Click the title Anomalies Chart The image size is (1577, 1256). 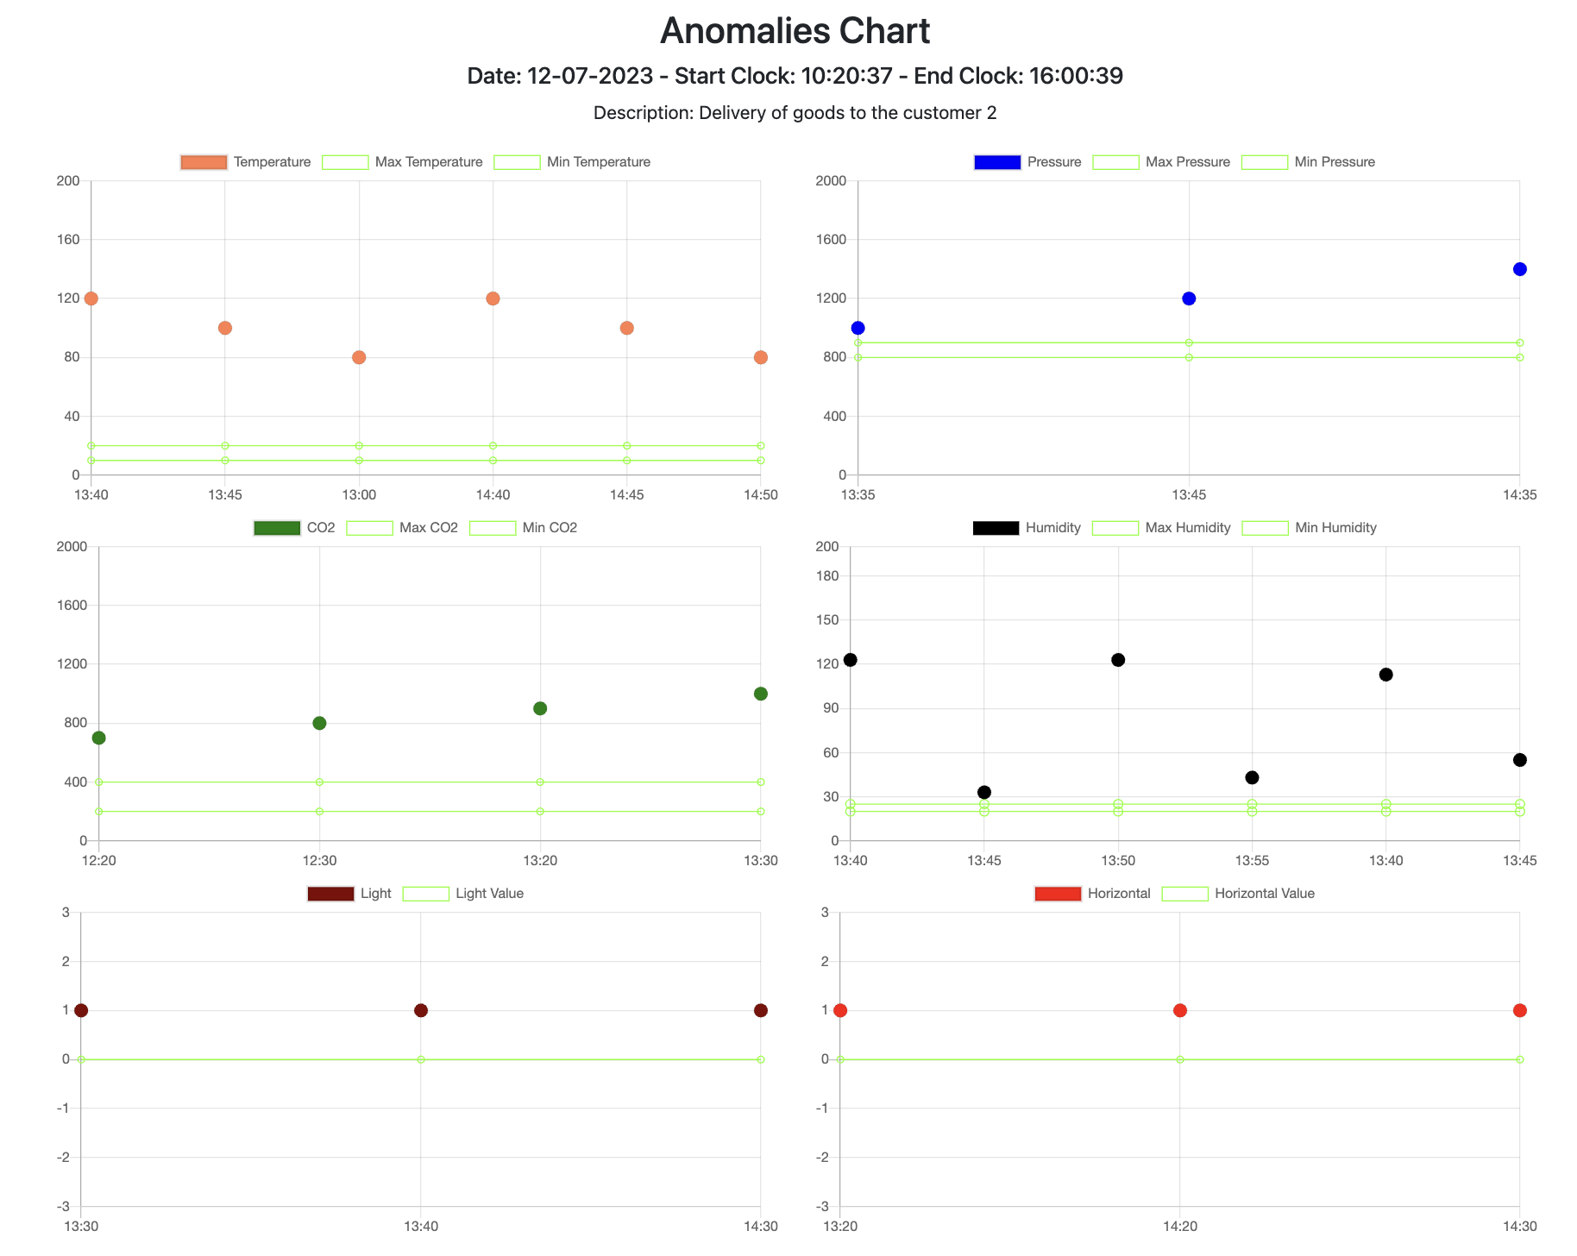pyautogui.click(x=795, y=31)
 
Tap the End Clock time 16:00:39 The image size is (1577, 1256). pyautogui.click(x=1076, y=76)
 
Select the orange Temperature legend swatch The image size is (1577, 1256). pyautogui.click(x=204, y=162)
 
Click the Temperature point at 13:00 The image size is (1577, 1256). pyautogui.click(x=359, y=357)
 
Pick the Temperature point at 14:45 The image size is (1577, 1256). pyautogui.click(x=627, y=328)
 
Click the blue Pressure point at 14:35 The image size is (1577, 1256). pyautogui.click(x=1520, y=269)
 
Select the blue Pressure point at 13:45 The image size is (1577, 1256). pyautogui.click(x=1189, y=298)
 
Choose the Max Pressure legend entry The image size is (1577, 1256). pyautogui.click(x=1161, y=162)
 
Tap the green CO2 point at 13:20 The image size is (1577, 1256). pyautogui.click(x=540, y=708)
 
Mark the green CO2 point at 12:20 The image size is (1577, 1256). pyautogui.click(x=99, y=738)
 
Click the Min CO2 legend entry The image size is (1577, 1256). pyautogui.click(x=524, y=528)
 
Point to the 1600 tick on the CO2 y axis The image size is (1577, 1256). pyautogui.click(x=72, y=606)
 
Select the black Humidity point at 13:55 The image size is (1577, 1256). pyautogui.click(x=1253, y=777)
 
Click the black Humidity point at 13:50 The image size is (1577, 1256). pyautogui.click(x=1118, y=660)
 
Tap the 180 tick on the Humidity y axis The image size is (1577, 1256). pyautogui.click(x=827, y=576)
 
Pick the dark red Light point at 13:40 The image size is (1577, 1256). pyautogui.click(x=421, y=1010)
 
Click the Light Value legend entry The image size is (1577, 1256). pyautogui.click(x=463, y=894)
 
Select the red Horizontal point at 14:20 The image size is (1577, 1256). pyautogui.click(x=1180, y=1010)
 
